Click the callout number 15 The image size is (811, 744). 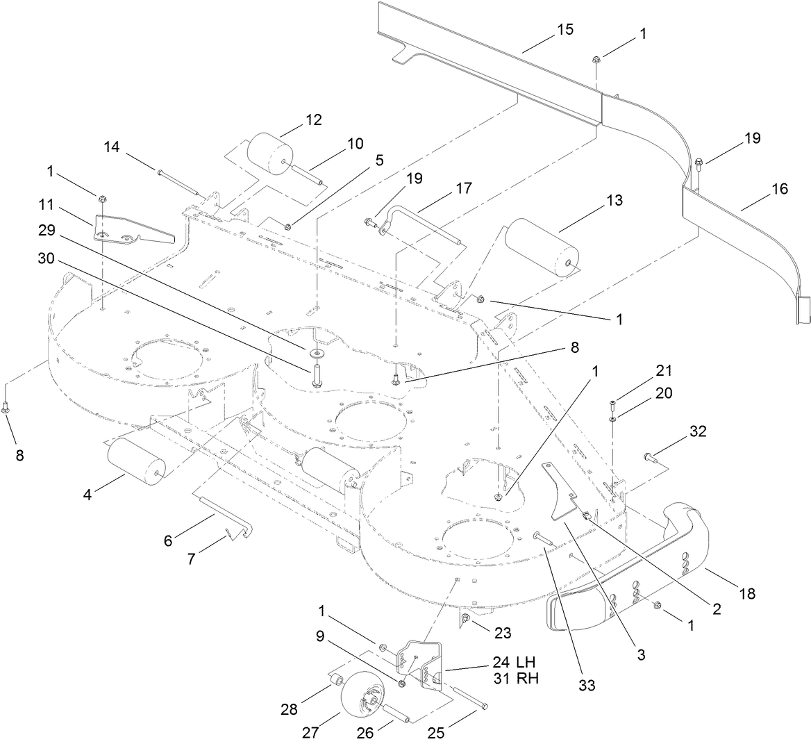566,31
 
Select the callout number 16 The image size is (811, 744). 780,189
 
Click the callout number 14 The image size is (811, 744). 112,147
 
